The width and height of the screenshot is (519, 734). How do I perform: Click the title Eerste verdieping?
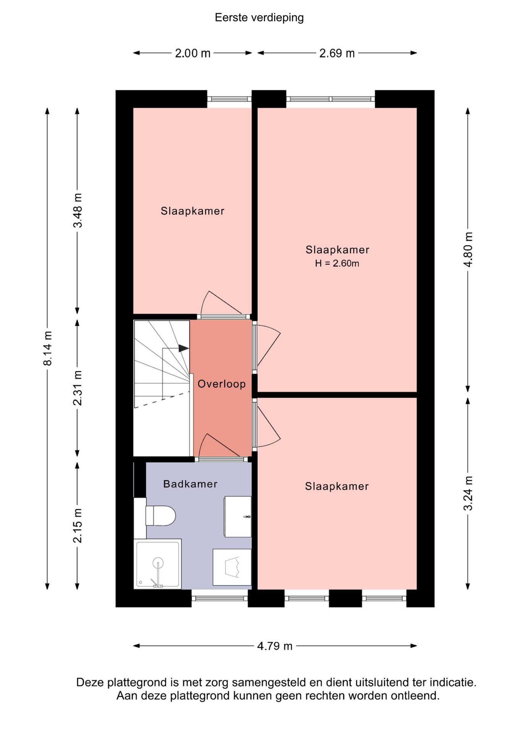click(x=259, y=18)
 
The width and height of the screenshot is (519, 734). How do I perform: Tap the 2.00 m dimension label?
click(x=193, y=53)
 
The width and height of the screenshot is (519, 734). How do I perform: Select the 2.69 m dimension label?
click(x=337, y=53)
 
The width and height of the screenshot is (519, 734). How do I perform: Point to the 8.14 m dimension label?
click(x=47, y=348)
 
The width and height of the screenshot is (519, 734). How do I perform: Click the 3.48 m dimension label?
click(x=78, y=210)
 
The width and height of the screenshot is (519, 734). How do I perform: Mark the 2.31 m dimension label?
click(x=78, y=388)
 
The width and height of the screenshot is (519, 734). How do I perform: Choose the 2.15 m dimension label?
click(x=78, y=525)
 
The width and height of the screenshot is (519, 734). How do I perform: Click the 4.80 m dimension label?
click(x=468, y=249)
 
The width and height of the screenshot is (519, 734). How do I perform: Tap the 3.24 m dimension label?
click(x=468, y=493)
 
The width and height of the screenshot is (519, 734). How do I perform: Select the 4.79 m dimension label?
click(x=274, y=646)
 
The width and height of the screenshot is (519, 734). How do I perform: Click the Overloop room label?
click(x=221, y=384)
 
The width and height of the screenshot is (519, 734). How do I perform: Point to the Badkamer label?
click(x=190, y=484)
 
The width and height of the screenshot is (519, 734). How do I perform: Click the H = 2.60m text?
click(x=337, y=263)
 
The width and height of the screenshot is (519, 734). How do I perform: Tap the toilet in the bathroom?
click(x=161, y=515)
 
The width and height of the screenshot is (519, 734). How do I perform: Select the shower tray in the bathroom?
click(x=157, y=563)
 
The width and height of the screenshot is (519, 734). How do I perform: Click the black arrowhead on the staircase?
click(x=183, y=348)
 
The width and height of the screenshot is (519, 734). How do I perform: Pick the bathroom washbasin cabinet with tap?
click(x=238, y=516)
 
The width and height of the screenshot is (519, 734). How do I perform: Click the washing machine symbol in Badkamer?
click(x=232, y=567)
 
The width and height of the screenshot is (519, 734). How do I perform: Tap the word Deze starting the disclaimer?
click(x=90, y=682)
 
